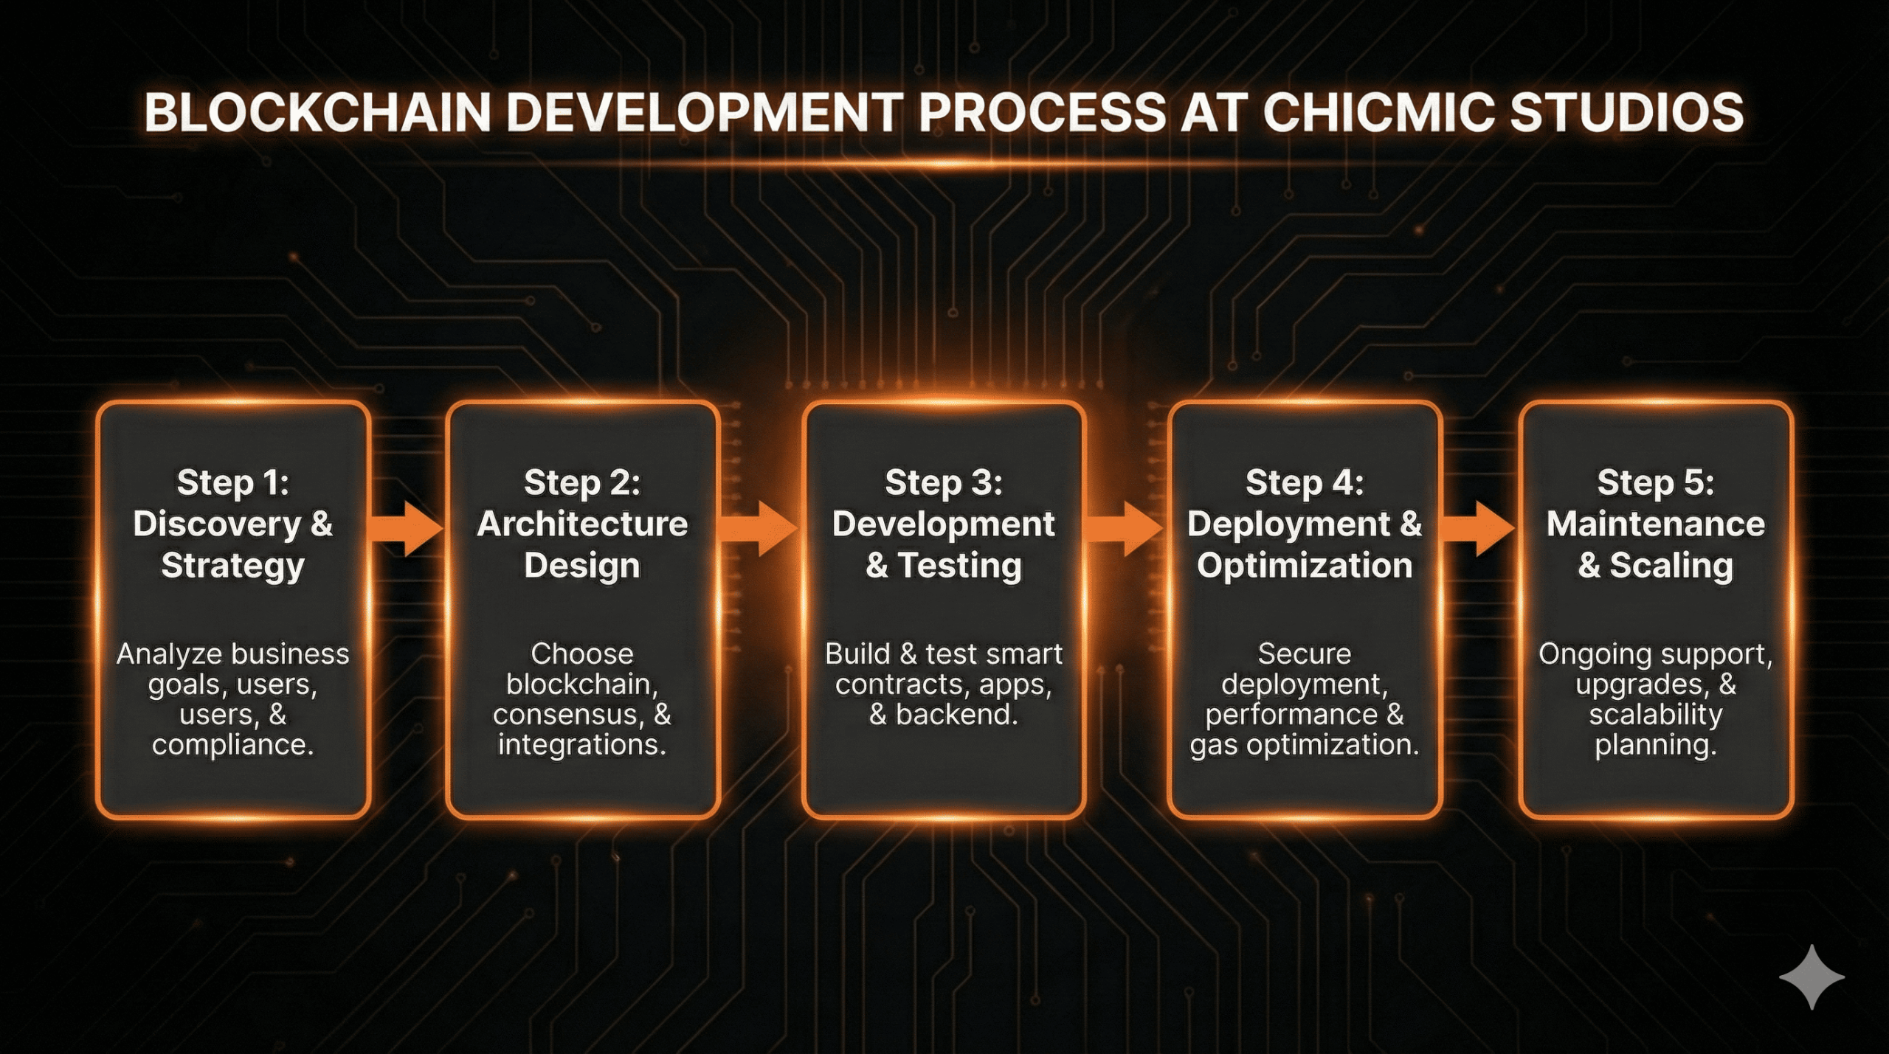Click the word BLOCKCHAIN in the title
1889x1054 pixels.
tap(317, 113)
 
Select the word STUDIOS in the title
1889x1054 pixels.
tap(1626, 113)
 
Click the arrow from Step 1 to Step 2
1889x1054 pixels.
tap(406, 528)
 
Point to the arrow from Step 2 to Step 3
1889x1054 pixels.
tap(759, 528)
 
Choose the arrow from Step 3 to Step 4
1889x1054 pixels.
tap(1125, 528)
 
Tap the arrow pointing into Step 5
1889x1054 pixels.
tap(1478, 528)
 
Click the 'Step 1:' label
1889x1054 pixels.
tap(232, 483)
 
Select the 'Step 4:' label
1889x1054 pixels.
tap(1304, 483)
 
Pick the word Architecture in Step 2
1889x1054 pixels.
tap(582, 524)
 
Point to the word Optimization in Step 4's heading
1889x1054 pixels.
tap(1304, 566)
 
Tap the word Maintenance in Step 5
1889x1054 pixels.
tap(1655, 524)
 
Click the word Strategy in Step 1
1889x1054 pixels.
tap(232, 566)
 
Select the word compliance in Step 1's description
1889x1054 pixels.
tap(232, 745)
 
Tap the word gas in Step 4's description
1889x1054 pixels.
tap(1214, 745)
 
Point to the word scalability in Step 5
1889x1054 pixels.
tap(1655, 715)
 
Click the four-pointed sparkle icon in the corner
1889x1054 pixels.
tap(1811, 977)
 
